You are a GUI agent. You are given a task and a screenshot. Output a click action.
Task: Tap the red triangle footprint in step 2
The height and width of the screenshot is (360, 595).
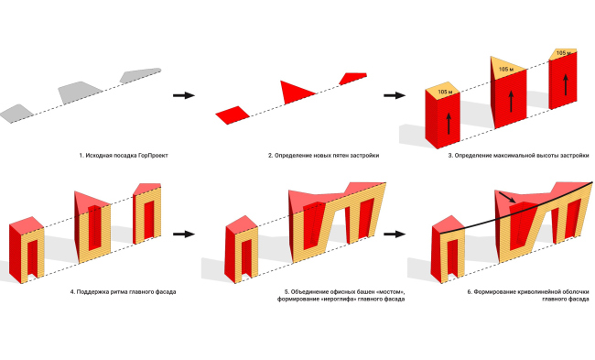tap(294, 93)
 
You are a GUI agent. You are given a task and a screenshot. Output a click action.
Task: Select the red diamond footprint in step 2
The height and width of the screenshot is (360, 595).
tap(233, 115)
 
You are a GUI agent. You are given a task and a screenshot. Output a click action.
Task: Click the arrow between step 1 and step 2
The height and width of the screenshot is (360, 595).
tap(184, 95)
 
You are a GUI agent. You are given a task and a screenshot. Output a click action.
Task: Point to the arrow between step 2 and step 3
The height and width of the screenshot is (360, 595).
tap(395, 95)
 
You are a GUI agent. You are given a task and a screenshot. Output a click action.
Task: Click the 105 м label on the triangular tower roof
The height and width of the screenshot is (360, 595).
tap(506, 70)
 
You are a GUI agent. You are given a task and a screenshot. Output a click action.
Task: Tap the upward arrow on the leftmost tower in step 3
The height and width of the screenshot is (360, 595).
tap(449, 124)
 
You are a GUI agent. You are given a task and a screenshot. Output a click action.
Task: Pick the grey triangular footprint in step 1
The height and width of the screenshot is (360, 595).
tap(80, 93)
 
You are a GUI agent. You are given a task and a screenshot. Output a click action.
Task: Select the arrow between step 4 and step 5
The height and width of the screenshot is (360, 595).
tap(184, 234)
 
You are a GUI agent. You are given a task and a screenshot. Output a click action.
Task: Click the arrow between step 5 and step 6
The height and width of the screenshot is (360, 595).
tap(395, 234)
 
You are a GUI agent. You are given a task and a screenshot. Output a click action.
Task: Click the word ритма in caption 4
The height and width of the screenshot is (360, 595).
tap(120, 292)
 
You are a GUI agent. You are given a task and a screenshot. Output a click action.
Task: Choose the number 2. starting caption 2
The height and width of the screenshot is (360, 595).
tap(271, 156)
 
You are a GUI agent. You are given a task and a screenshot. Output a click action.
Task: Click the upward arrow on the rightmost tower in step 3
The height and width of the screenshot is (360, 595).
tap(566, 85)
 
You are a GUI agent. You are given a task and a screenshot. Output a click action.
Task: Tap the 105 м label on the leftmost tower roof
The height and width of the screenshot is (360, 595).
tap(445, 92)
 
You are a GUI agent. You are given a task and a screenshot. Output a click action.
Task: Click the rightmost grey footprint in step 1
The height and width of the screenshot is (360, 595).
tap(140, 75)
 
